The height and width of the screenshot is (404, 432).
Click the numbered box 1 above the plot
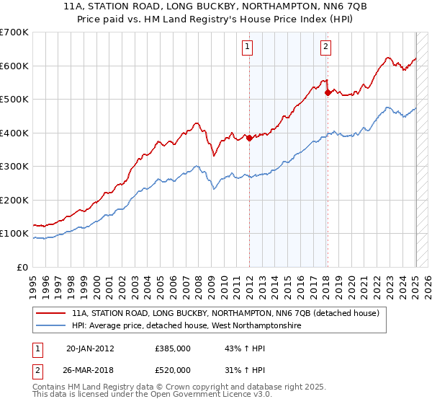click(247, 47)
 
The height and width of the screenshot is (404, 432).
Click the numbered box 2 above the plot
click(325, 47)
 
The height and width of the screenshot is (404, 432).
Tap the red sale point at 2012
click(249, 138)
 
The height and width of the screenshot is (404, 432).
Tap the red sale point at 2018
click(327, 92)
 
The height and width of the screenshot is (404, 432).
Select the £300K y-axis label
click(14, 167)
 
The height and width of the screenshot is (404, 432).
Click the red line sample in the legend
click(52, 313)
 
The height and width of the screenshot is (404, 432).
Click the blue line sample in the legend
click(52, 325)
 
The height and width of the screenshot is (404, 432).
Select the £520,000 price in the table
click(173, 370)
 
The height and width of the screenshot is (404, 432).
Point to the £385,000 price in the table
click(173, 348)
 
